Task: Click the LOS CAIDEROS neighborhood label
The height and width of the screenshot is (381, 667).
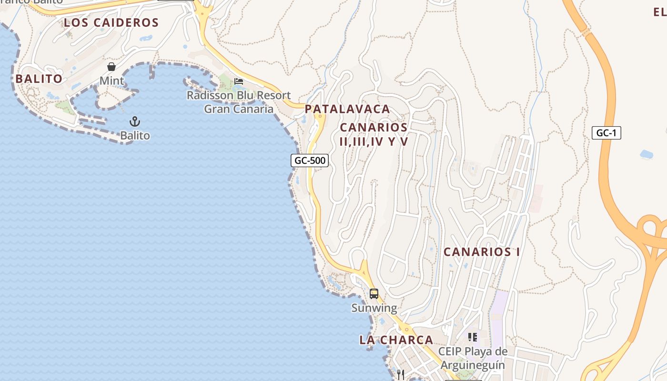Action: (111, 22)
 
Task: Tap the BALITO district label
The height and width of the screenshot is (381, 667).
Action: (39, 79)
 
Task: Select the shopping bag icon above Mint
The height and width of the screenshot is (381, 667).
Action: (111, 67)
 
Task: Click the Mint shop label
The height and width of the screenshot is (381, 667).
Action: (111, 81)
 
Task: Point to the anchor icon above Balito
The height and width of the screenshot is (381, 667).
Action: (135, 121)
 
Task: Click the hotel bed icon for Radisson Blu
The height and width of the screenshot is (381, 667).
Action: (239, 81)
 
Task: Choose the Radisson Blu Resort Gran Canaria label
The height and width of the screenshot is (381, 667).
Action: (239, 102)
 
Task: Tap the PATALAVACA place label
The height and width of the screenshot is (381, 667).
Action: (347, 109)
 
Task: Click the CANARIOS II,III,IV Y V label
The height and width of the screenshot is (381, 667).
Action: (374, 134)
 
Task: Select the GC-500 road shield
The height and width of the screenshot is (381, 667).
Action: (310, 160)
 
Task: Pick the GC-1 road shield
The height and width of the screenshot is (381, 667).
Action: (606, 133)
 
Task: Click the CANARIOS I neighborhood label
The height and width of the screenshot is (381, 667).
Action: (482, 252)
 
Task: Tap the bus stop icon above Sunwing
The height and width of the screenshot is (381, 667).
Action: (374, 293)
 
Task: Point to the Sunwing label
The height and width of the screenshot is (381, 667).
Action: (374, 308)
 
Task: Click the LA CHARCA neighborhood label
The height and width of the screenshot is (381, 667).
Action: (396, 340)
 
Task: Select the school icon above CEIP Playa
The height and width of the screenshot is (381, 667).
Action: (473, 337)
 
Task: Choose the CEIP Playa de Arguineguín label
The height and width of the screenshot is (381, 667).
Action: (473, 358)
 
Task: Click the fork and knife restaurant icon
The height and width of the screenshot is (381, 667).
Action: (401, 375)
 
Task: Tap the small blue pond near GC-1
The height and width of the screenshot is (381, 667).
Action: (646, 154)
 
